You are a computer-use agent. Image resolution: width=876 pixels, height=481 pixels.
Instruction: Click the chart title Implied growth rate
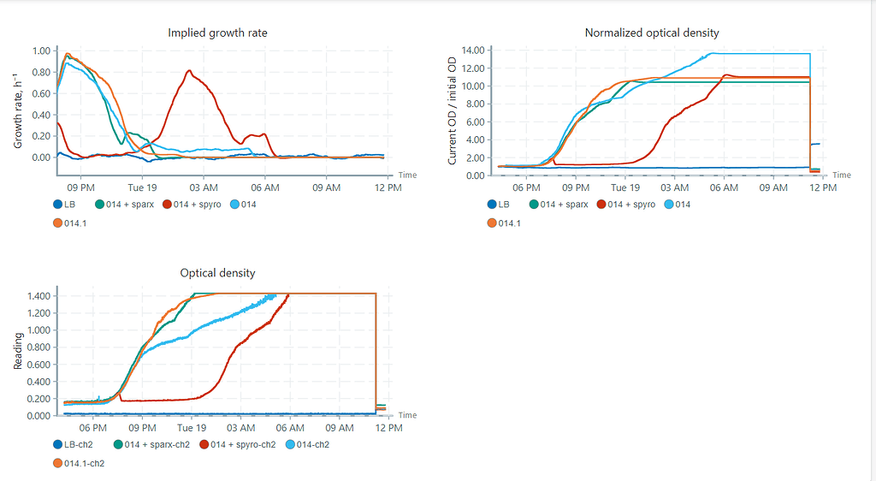point(217,33)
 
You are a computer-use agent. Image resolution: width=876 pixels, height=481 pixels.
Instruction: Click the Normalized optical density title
point(651,33)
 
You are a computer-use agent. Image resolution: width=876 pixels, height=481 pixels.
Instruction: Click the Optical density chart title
point(217,273)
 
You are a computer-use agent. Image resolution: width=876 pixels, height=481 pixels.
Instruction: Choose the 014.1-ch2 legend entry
point(84,463)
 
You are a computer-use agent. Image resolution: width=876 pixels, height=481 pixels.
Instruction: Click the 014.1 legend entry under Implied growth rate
point(77,223)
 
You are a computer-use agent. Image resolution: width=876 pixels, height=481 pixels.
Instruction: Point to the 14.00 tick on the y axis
point(472,50)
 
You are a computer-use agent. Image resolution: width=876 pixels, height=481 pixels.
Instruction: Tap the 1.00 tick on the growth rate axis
point(39,50)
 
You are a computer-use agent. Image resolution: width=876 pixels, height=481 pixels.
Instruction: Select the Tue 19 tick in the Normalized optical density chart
point(624,187)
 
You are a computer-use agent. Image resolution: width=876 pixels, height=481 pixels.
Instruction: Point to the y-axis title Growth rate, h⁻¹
point(18,109)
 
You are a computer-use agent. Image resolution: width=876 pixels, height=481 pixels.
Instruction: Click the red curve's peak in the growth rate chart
point(189,71)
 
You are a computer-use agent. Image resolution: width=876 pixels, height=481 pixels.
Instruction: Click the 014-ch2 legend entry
point(306,444)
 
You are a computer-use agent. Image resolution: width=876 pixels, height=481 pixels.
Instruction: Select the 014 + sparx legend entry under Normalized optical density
point(563,205)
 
